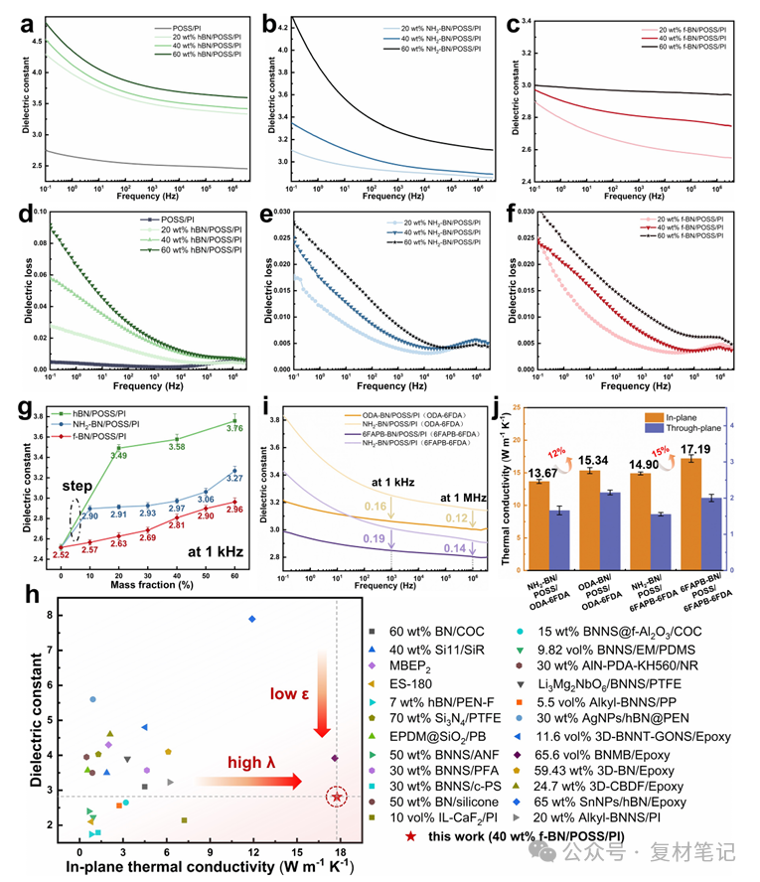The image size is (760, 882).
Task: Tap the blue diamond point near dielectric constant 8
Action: click(x=252, y=619)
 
